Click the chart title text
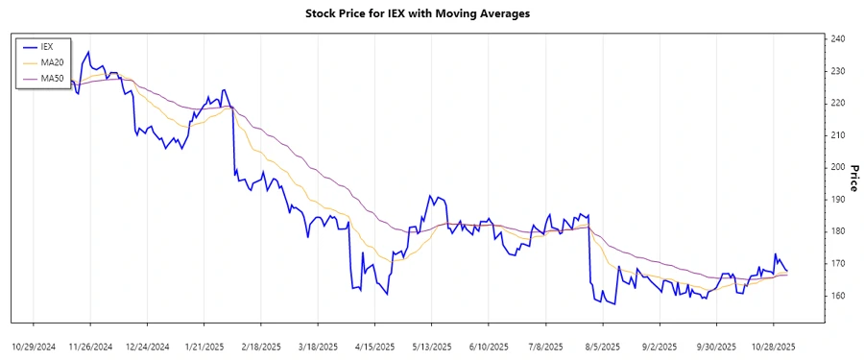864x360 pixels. tap(431, 14)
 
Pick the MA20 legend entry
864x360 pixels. tap(52, 62)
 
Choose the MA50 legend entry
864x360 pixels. tap(52, 79)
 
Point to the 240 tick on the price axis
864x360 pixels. tap(837, 39)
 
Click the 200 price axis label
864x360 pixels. tap(837, 167)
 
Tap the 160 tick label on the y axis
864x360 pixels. tap(837, 296)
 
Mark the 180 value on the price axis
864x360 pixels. tap(837, 231)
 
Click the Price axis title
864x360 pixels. tap(852, 178)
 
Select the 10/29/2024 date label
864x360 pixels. tap(35, 346)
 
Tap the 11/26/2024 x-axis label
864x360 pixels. tap(91, 346)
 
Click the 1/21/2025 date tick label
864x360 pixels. tap(204, 346)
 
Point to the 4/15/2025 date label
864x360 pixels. tap(375, 346)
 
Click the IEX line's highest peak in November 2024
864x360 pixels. tap(88, 52)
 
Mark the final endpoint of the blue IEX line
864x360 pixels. tap(787, 271)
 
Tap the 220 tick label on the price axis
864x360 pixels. tap(837, 103)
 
